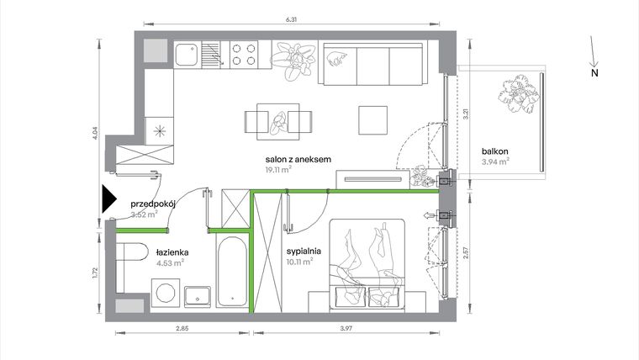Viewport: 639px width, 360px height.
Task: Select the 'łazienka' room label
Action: coord(171,251)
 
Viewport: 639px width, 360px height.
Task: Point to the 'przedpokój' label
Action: coord(151,204)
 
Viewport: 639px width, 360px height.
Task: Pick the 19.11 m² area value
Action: coord(278,169)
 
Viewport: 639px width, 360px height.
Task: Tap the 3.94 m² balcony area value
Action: coord(495,162)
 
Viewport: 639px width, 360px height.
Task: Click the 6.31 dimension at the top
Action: coord(291,18)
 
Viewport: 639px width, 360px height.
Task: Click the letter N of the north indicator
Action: coord(594,74)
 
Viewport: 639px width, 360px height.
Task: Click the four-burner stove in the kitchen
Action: coord(244,54)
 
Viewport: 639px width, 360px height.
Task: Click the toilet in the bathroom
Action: coord(132,255)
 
